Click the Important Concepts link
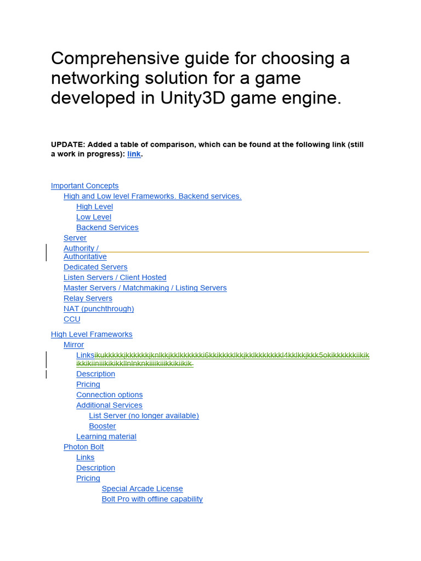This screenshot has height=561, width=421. point(84,186)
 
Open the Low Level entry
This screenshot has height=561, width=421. point(94,217)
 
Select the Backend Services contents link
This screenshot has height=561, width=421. point(107,227)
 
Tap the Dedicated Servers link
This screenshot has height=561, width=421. point(95,267)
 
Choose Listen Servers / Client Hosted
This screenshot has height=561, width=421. point(115,277)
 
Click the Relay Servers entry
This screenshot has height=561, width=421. point(88,298)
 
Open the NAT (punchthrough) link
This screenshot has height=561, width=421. point(99,308)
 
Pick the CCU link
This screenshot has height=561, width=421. point(72,319)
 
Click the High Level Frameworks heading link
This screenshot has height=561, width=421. point(92,334)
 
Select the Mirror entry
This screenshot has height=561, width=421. point(73,345)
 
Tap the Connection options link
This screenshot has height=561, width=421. point(109,394)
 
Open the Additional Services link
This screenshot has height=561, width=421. point(109,405)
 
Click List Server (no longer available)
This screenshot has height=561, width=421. point(144,415)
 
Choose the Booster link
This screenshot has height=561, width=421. point(103,426)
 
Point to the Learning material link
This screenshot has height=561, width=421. point(106,436)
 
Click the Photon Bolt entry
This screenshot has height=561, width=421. point(83,446)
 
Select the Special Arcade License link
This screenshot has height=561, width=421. point(142,488)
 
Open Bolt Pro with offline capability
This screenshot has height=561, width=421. point(152,499)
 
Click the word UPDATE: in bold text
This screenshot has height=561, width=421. point(68,145)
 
